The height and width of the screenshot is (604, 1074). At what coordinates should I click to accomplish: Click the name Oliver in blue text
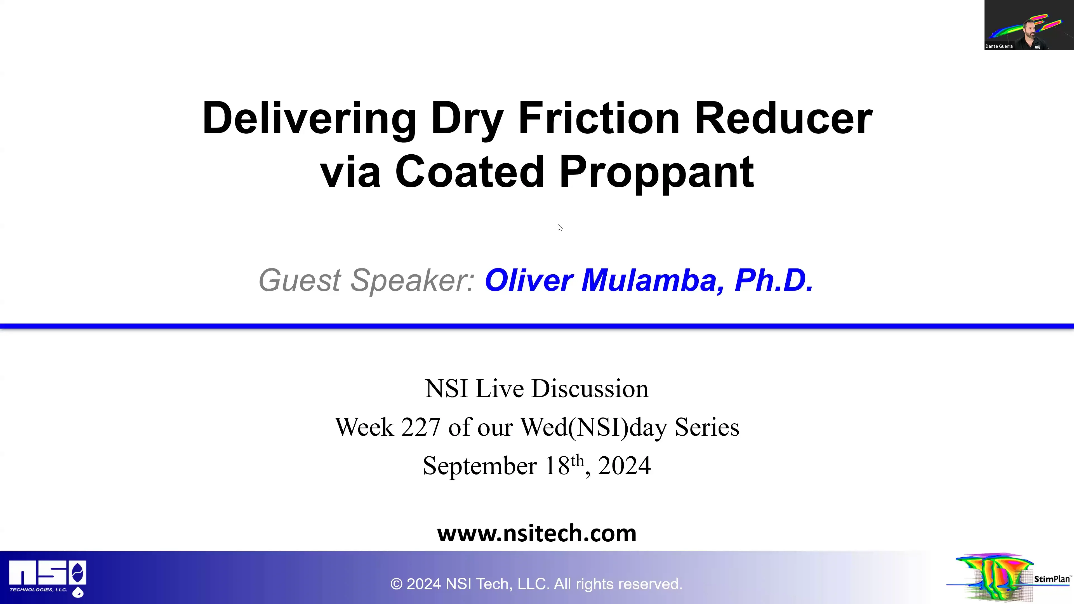pos(529,280)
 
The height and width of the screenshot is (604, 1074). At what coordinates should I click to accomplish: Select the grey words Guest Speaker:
pos(366,280)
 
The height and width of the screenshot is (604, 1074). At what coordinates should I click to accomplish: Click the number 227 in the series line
pos(420,427)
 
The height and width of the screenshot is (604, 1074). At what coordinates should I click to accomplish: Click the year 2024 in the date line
pos(624,466)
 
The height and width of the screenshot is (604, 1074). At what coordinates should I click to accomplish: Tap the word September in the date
pos(479,466)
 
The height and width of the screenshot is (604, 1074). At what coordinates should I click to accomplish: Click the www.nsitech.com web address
pos(537,533)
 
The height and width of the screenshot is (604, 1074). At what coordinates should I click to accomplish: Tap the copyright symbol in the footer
pos(396,584)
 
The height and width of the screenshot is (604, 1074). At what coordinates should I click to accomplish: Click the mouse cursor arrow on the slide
pos(559,227)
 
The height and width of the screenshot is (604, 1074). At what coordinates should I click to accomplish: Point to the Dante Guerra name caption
pos(999,46)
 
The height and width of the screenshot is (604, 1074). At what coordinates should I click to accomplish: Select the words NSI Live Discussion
pos(537,388)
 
